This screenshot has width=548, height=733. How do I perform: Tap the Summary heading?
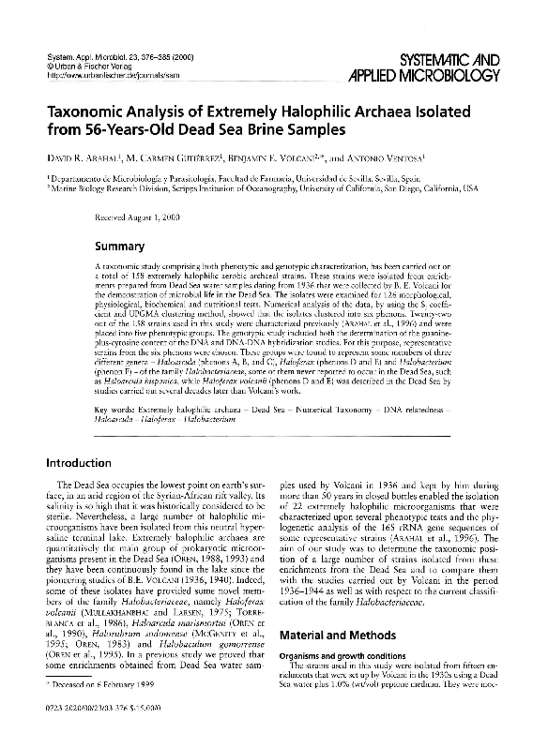[x=119, y=248]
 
